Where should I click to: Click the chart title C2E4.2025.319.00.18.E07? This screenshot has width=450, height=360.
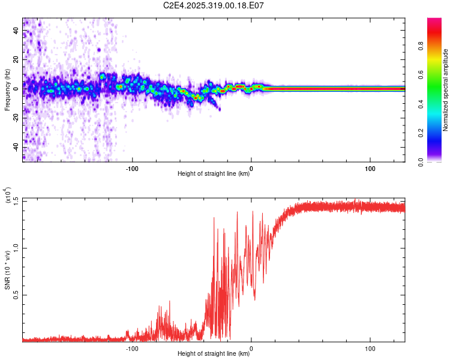tap(226, 5)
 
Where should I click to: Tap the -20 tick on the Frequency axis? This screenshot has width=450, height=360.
tap(16, 118)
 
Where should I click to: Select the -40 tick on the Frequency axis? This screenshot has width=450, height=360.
tap(16, 148)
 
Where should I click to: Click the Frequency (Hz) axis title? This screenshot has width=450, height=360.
tap(7, 89)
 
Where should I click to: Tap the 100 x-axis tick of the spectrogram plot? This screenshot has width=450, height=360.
tap(370, 168)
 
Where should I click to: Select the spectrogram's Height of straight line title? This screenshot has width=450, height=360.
tap(214, 174)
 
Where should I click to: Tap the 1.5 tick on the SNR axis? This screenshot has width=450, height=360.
tap(16, 200)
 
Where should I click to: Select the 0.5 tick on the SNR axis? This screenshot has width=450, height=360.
tap(16, 295)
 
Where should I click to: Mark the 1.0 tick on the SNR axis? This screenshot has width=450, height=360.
tap(16, 247)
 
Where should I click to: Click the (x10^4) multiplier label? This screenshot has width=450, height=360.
tap(8, 196)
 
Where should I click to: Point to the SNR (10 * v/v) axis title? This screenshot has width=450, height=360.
tap(7, 269)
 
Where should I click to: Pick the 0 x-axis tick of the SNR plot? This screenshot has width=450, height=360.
tap(251, 348)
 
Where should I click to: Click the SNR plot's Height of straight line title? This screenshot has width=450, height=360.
tap(214, 354)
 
